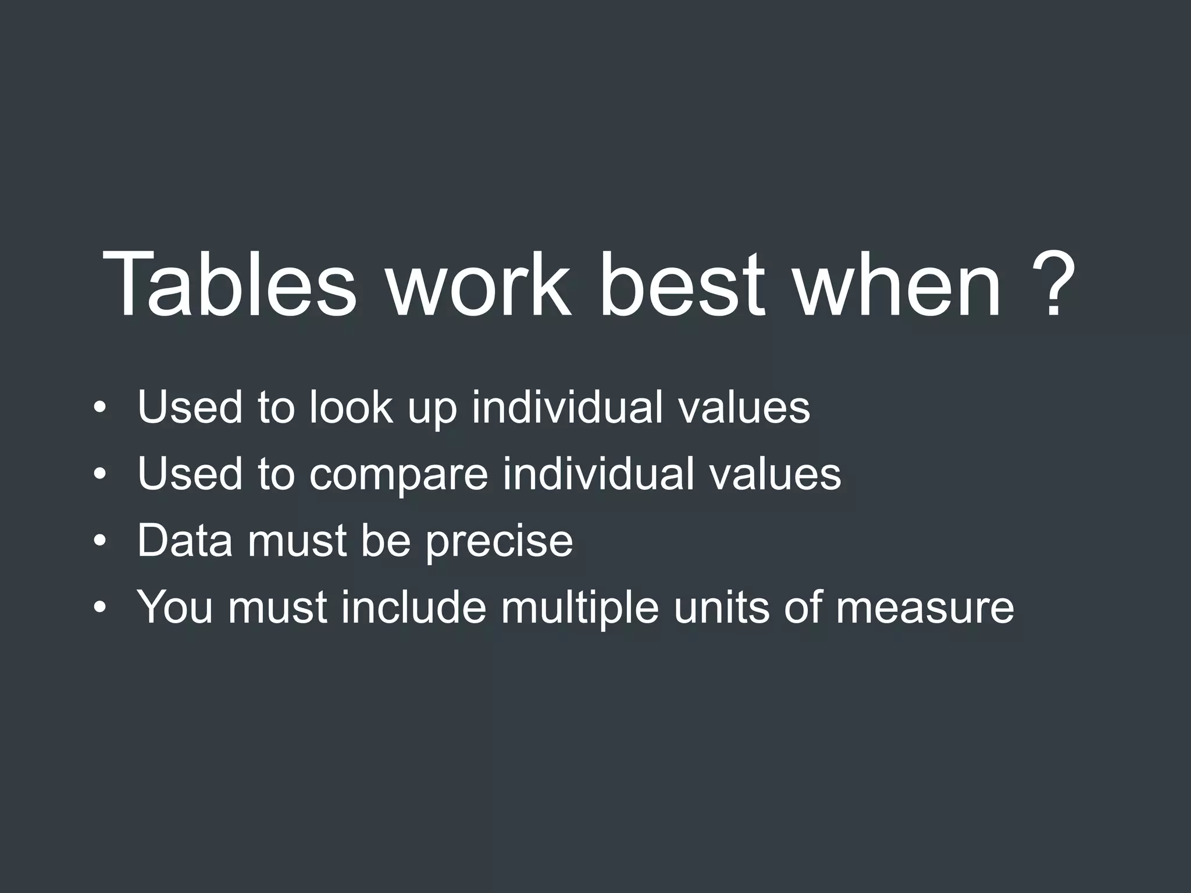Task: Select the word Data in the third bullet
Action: click(x=185, y=541)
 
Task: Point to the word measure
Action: click(x=925, y=608)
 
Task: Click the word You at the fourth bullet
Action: click(x=175, y=608)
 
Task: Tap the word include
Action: click(x=413, y=608)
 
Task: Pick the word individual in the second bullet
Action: click(x=598, y=474)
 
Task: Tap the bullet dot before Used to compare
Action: click(x=100, y=474)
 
